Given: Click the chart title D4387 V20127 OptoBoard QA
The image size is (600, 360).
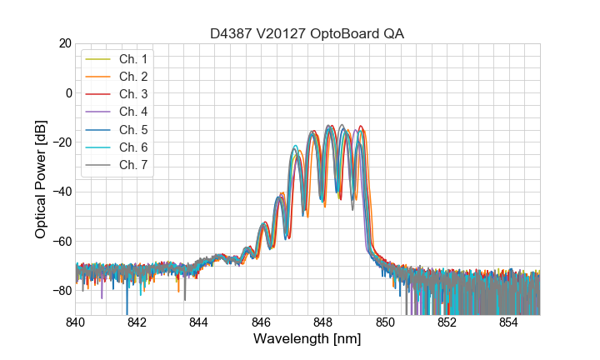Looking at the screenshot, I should pyautogui.click(x=307, y=33).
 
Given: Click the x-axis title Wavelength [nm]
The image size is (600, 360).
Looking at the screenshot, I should pyautogui.click(x=307, y=340).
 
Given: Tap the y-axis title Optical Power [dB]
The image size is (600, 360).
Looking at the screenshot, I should pyautogui.click(x=41, y=179).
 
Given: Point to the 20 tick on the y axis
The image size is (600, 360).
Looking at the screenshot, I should pyautogui.click(x=63, y=43).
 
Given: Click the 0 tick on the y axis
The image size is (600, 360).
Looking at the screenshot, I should pyautogui.click(x=67, y=92).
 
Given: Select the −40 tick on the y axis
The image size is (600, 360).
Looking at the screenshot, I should pyautogui.click(x=61, y=192).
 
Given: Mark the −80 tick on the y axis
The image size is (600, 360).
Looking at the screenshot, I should pyautogui.click(x=61, y=290).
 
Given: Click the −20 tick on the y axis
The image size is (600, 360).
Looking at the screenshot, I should pyautogui.click(x=61, y=142).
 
